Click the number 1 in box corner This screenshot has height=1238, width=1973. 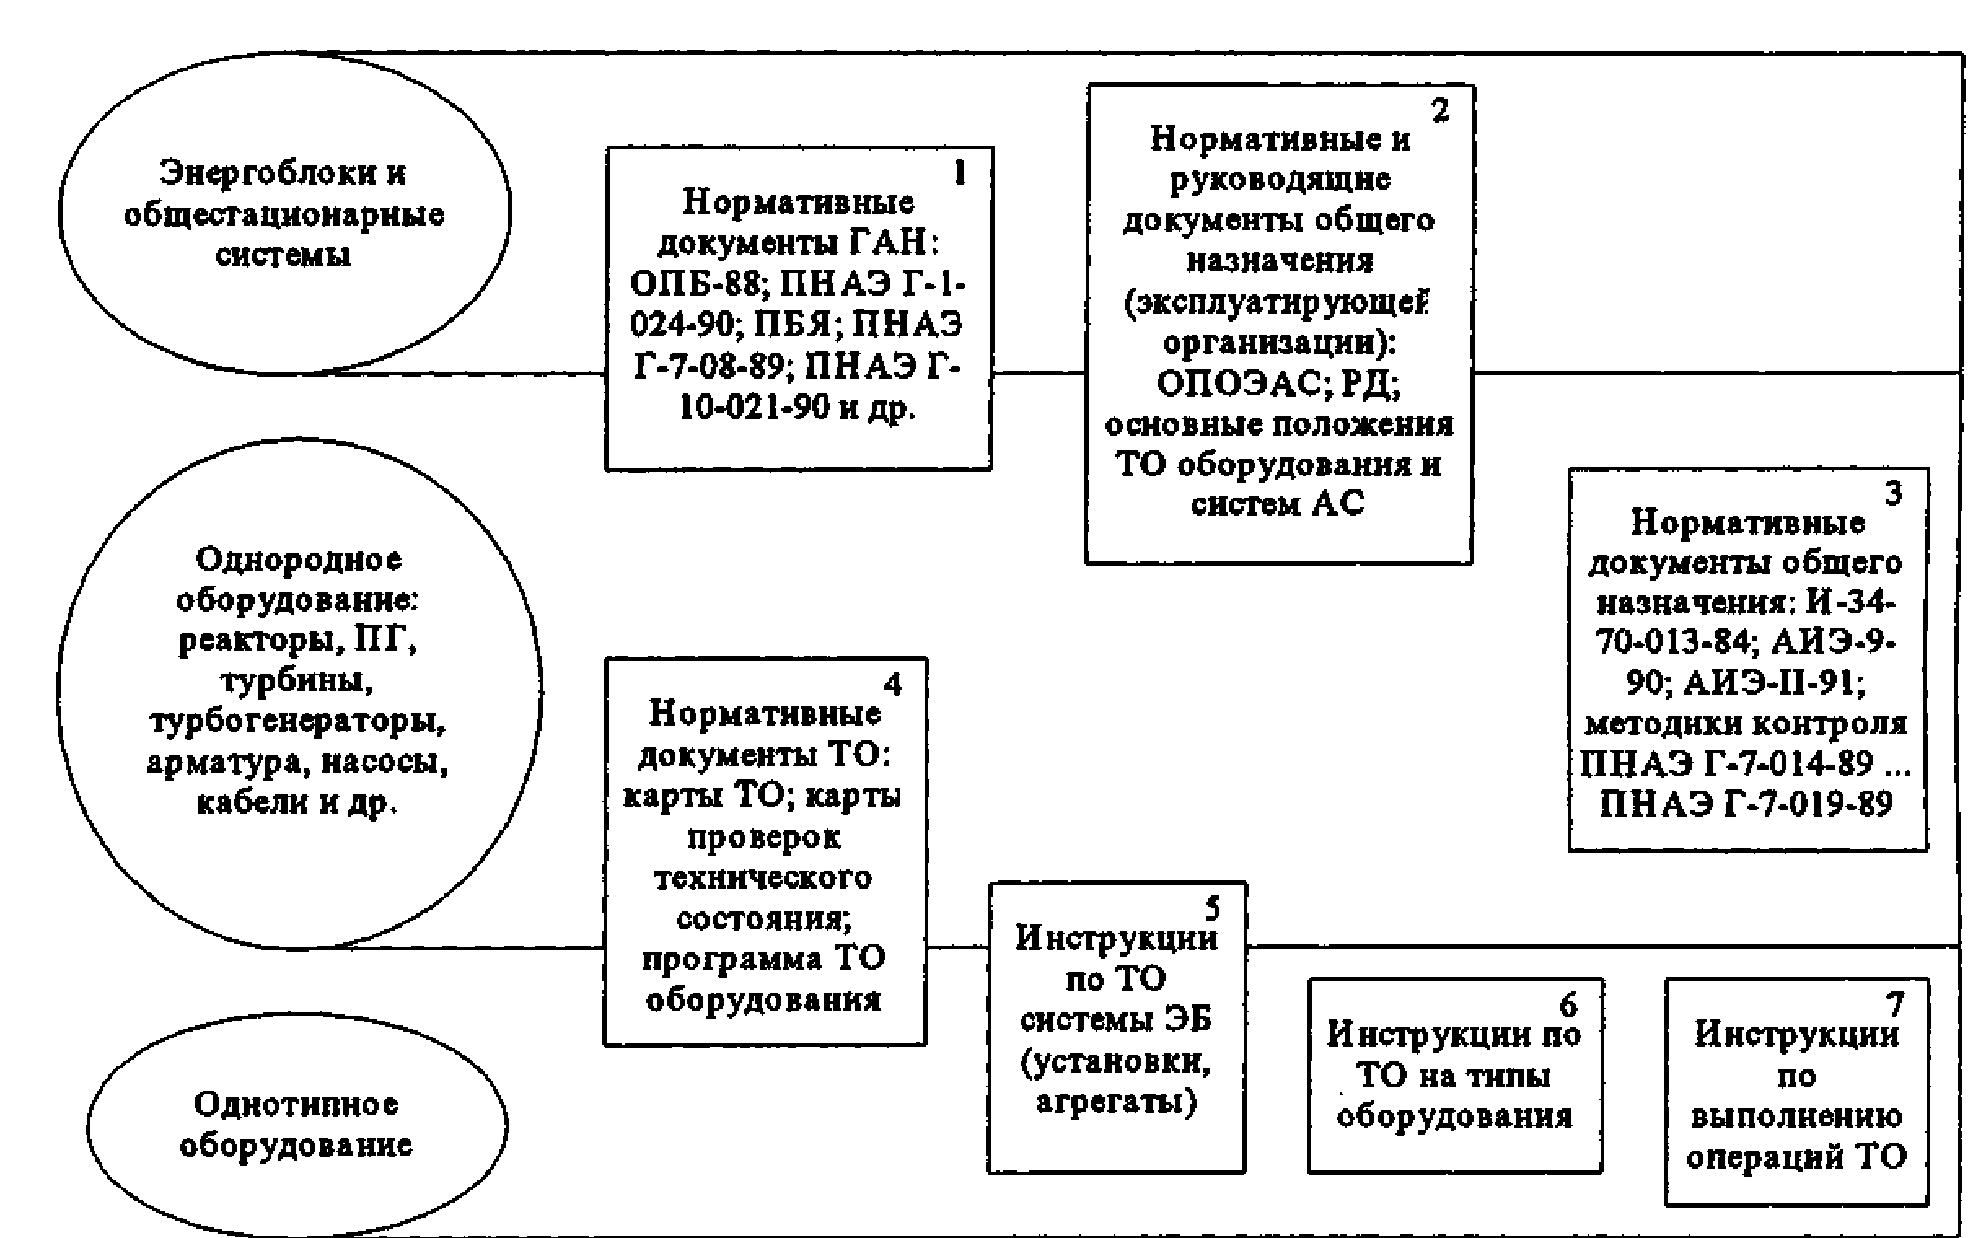pos(960,173)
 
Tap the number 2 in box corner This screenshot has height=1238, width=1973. pos(1440,110)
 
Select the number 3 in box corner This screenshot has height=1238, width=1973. pos(1893,493)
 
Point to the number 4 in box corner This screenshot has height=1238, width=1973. pos(892,683)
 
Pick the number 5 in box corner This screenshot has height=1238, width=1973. pos(1212,908)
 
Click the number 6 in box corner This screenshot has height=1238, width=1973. pos(1568,1003)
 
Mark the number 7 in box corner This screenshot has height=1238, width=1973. pos(1895,1003)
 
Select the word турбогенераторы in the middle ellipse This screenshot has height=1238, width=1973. pos(298,722)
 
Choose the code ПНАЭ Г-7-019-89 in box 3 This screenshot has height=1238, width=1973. pos(1746,804)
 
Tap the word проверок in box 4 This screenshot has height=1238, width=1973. pos(764,837)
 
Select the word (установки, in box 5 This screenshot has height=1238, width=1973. pos(1116,1062)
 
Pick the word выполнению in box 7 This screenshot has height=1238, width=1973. pos(1796,1117)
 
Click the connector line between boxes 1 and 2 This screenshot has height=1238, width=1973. pos(1038,373)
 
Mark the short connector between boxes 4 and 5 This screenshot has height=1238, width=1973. pos(957,948)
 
